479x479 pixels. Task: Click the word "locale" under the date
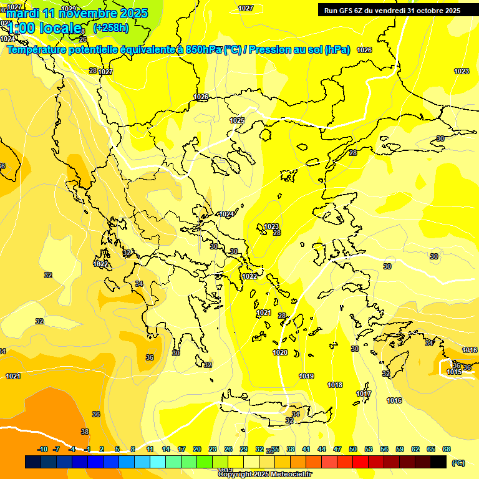[x=60, y=28]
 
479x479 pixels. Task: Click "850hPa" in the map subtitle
[x=203, y=50]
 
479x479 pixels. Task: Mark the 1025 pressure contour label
[x=237, y=120]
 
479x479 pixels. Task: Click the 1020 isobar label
[x=281, y=352]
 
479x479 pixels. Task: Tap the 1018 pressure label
[x=335, y=385]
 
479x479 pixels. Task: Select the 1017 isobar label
[x=364, y=394]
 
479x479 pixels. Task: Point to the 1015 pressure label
[x=454, y=372]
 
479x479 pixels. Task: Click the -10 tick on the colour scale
[x=42, y=449]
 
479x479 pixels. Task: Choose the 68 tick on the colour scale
[x=447, y=449]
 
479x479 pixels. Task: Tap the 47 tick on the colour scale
[x=337, y=449]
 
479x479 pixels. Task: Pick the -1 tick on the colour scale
[x=88, y=449]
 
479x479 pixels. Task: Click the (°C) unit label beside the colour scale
[x=458, y=463]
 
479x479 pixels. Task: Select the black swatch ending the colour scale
[x=438, y=462]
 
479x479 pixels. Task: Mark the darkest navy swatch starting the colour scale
[x=33, y=462]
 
